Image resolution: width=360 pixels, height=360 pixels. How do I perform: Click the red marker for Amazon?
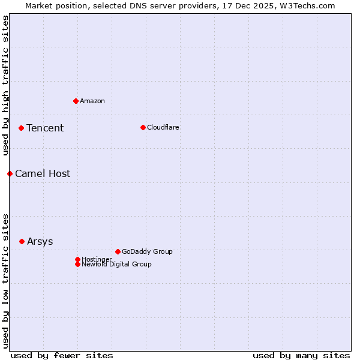click(76, 101)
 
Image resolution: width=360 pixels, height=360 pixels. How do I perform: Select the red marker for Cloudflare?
click(143, 127)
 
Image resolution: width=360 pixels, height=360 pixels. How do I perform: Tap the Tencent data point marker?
click(21, 128)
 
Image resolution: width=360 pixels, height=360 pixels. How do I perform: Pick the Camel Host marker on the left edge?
click(10, 173)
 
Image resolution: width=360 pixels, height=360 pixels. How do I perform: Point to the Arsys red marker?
click(22, 241)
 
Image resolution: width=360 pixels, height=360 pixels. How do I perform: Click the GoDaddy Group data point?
click(118, 251)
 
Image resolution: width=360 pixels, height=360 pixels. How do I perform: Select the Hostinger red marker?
click(77, 259)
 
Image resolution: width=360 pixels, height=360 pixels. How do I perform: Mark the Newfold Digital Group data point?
click(77, 264)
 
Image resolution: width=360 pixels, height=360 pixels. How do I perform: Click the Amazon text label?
click(92, 101)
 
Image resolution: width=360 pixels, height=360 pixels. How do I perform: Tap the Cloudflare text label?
click(163, 127)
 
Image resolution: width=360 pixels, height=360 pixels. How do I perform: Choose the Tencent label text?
click(45, 128)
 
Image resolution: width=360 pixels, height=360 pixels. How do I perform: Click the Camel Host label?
click(43, 173)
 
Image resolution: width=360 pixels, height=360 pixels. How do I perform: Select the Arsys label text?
click(40, 241)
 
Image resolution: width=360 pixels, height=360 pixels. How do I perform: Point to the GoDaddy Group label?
click(147, 251)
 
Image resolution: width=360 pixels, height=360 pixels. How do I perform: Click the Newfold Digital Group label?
click(116, 264)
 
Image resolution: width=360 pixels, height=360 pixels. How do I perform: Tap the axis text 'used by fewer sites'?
click(62, 355)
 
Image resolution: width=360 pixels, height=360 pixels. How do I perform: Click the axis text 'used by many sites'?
click(301, 355)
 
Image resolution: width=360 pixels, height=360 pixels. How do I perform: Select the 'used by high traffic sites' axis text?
click(5, 86)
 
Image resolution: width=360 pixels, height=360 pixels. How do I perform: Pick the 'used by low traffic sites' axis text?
click(5, 280)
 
